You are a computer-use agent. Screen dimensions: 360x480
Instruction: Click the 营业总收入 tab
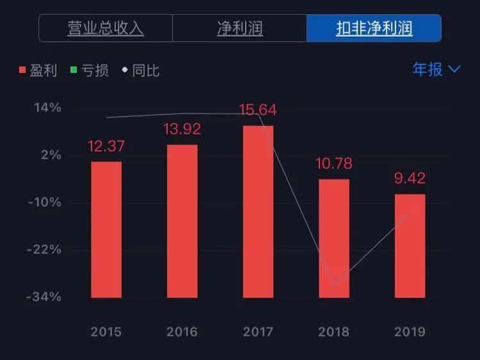pyautogui.click(x=106, y=29)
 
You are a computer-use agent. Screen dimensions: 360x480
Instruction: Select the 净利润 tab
pyautogui.click(x=239, y=29)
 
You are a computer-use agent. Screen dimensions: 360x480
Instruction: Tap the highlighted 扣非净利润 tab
pyautogui.click(x=374, y=29)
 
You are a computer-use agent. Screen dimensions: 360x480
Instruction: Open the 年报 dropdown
pyautogui.click(x=436, y=69)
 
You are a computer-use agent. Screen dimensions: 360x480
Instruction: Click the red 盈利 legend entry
pyautogui.click(x=38, y=70)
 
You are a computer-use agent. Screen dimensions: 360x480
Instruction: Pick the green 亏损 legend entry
pyautogui.click(x=90, y=70)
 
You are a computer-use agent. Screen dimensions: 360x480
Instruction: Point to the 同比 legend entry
pyautogui.click(x=140, y=70)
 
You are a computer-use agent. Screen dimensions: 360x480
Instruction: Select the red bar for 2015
pyautogui.click(x=106, y=230)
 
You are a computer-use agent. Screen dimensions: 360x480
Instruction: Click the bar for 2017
pyautogui.click(x=258, y=212)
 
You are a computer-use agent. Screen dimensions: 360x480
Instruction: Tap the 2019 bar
pyautogui.click(x=410, y=246)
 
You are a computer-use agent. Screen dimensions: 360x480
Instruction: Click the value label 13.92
pyautogui.click(x=182, y=130)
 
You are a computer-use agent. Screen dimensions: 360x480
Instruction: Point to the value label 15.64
pyautogui.click(x=258, y=110)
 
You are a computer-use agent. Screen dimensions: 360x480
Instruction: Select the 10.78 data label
pyautogui.click(x=334, y=164)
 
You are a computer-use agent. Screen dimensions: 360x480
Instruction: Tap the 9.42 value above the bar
pyautogui.click(x=410, y=178)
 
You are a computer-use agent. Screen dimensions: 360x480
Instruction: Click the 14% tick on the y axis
pyautogui.click(x=49, y=107)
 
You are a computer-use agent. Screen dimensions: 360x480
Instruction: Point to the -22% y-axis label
pyautogui.click(x=44, y=249)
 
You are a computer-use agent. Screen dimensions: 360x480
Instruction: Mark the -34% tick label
pyautogui.click(x=44, y=297)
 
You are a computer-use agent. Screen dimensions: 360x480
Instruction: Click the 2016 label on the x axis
pyautogui.click(x=182, y=332)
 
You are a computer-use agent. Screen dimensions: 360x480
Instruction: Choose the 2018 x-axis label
pyautogui.click(x=334, y=332)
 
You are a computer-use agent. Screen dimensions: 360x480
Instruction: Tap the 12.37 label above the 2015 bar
pyautogui.click(x=106, y=146)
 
